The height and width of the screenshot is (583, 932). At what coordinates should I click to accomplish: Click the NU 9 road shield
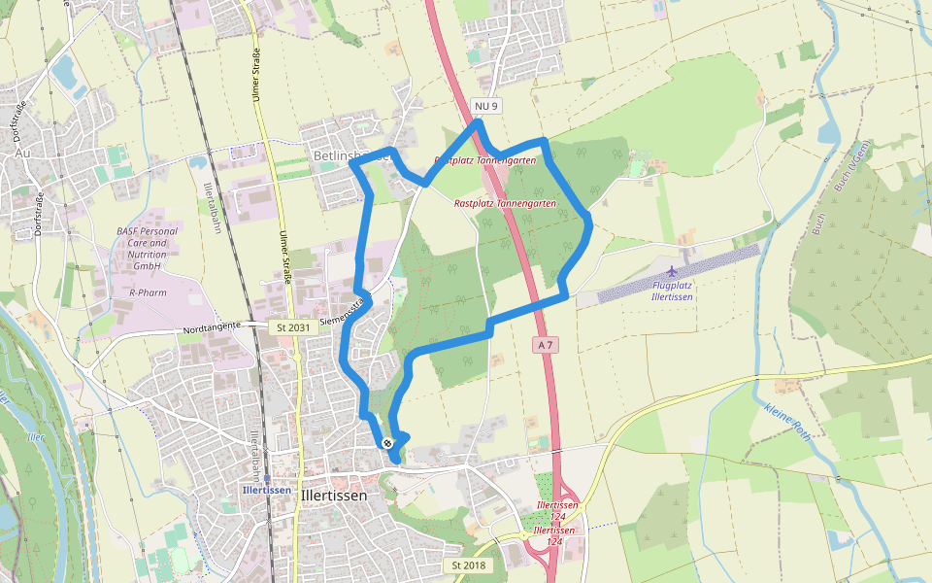point(485,105)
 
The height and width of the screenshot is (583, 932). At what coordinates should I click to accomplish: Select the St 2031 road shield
point(292,327)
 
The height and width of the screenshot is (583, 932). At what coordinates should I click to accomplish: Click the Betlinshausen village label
point(351,154)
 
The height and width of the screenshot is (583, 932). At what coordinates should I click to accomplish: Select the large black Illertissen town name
point(334,496)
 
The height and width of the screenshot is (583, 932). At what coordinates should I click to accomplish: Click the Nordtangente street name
point(212,330)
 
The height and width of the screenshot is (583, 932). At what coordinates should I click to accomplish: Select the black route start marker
point(387,443)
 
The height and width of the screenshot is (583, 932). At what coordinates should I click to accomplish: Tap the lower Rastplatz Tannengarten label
point(505,204)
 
